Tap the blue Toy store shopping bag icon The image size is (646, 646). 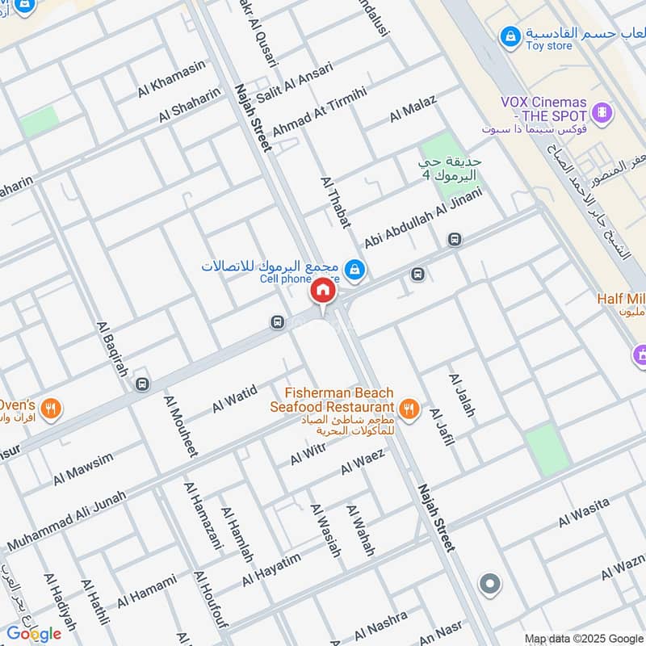click(x=510, y=36)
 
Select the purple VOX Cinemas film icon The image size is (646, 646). click(x=602, y=111)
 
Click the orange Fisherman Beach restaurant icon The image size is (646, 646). click(x=410, y=409)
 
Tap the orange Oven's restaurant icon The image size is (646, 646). click(x=52, y=409)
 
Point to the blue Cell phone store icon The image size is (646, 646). click(x=353, y=269)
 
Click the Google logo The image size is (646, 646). click(x=34, y=632)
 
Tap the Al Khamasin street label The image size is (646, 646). click(x=171, y=79)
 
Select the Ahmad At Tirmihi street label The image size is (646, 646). click(x=319, y=111)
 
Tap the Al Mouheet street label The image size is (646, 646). click(x=180, y=426)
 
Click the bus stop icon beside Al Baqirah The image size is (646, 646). click(x=143, y=384)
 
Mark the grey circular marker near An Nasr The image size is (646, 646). click(x=489, y=583)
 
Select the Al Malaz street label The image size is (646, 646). click(x=413, y=108)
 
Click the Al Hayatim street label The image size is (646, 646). click(x=271, y=571)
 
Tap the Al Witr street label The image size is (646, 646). click(x=307, y=455)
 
